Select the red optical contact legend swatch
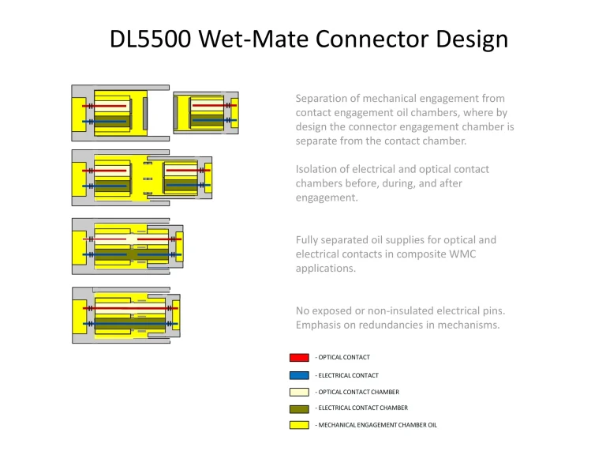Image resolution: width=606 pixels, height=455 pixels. (299, 358)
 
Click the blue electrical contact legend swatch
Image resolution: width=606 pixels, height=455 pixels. (299, 375)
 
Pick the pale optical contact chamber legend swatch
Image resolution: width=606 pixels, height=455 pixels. (299, 392)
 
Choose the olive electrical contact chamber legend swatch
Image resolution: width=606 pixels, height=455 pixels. (299, 408)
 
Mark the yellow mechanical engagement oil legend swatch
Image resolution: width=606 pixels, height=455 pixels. (299, 425)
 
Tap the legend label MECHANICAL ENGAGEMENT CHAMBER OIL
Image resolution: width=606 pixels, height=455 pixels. (377, 425)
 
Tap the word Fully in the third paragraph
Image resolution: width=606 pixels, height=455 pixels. (309, 240)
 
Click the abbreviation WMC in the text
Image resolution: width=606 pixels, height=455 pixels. (467, 254)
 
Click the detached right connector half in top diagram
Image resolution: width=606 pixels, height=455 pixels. (205, 112)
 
